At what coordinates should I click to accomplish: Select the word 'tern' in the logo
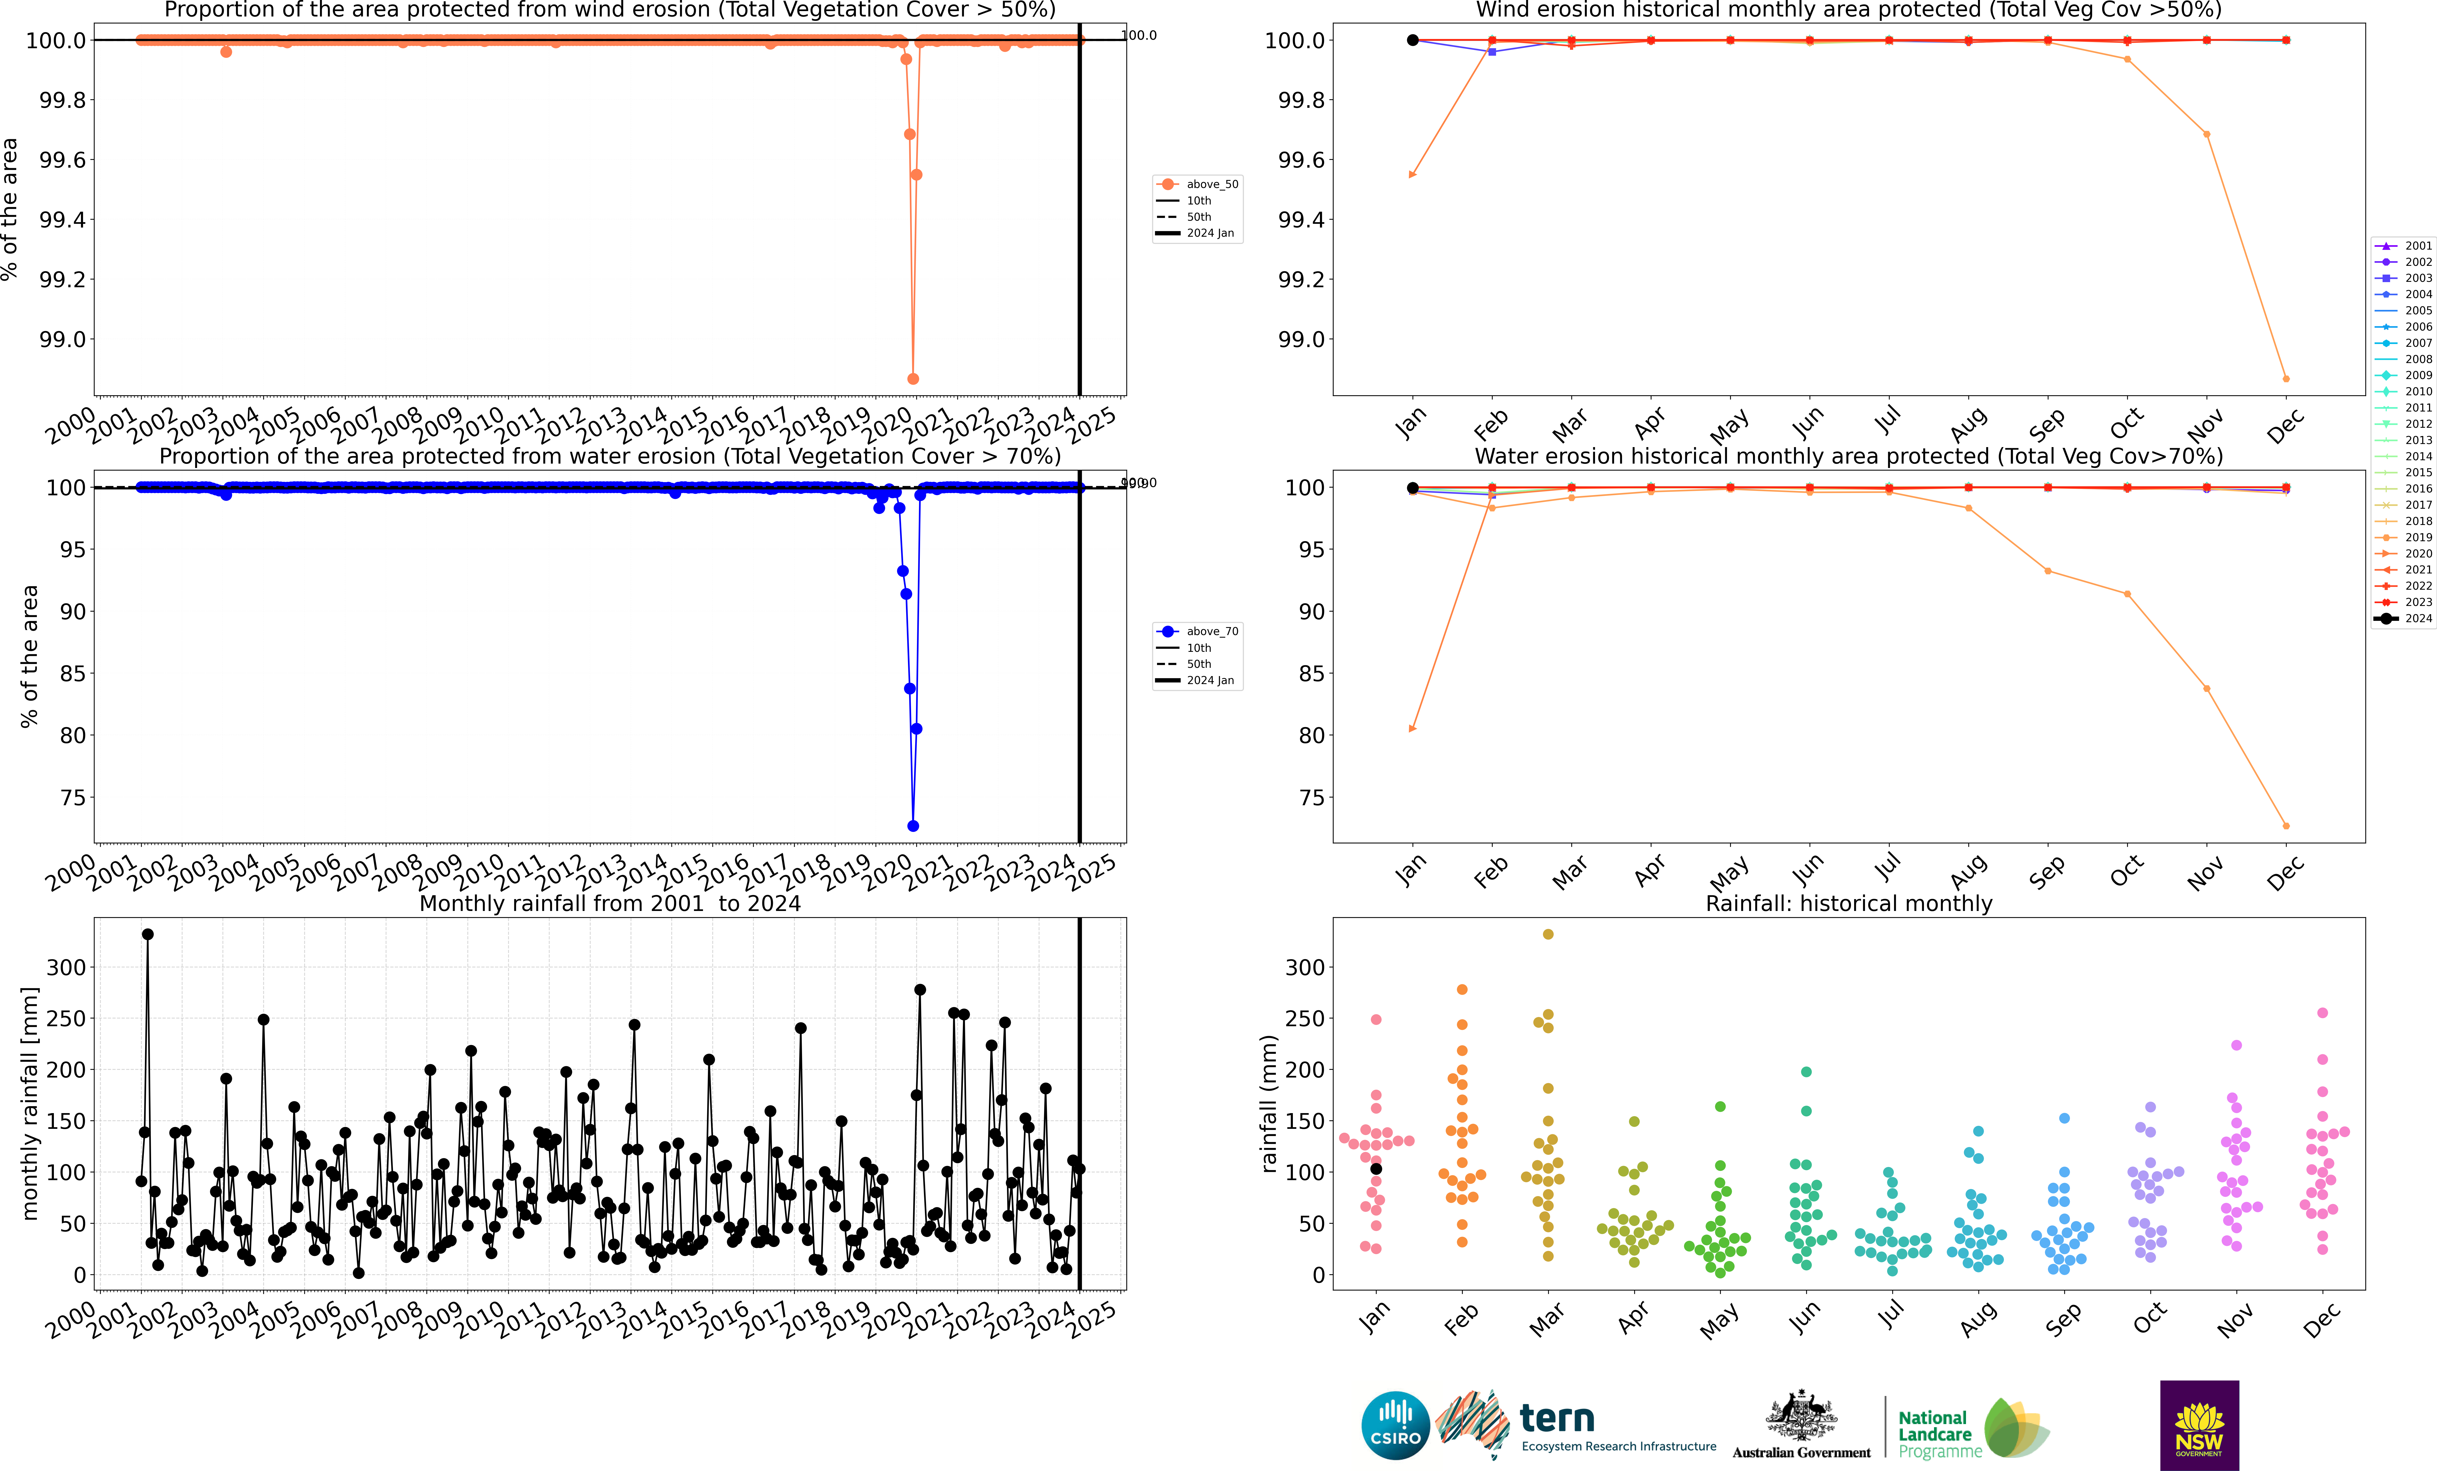click(1557, 1419)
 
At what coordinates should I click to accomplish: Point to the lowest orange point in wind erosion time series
click(913, 379)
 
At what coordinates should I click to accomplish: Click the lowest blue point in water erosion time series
click(913, 826)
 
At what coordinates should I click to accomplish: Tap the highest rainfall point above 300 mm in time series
click(147, 934)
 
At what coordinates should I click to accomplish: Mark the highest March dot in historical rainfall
click(1548, 934)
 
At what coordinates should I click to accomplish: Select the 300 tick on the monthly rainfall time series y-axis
click(66, 967)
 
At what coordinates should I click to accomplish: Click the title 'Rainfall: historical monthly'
click(1848, 903)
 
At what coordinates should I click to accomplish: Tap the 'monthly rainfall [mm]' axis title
click(30, 1103)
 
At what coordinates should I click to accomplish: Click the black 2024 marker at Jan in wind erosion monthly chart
click(1412, 40)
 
